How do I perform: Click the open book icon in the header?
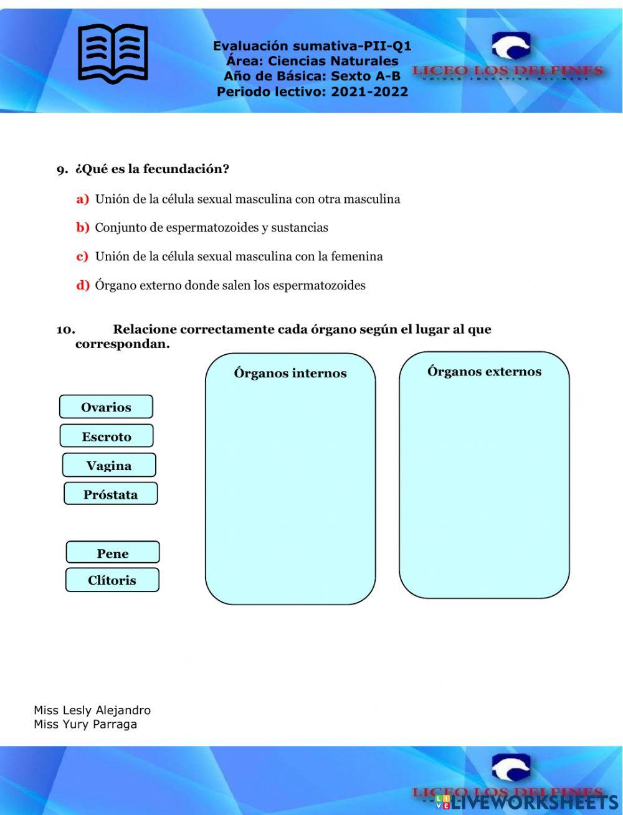click(113, 53)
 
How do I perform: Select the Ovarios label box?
click(106, 407)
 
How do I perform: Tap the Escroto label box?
click(107, 436)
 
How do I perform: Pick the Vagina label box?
click(109, 465)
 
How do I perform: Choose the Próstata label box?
click(110, 494)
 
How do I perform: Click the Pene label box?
click(113, 553)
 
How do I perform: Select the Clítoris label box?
click(112, 580)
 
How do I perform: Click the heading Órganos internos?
click(290, 373)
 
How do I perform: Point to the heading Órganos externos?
click(484, 371)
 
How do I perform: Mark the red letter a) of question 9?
click(83, 199)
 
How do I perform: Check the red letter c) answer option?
click(83, 257)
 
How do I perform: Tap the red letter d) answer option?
click(83, 286)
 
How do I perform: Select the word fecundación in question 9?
click(186, 169)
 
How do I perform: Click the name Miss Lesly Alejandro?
click(92, 710)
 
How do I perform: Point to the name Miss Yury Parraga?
click(85, 724)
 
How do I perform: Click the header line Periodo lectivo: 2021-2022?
click(312, 92)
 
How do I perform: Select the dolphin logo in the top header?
click(510, 47)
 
